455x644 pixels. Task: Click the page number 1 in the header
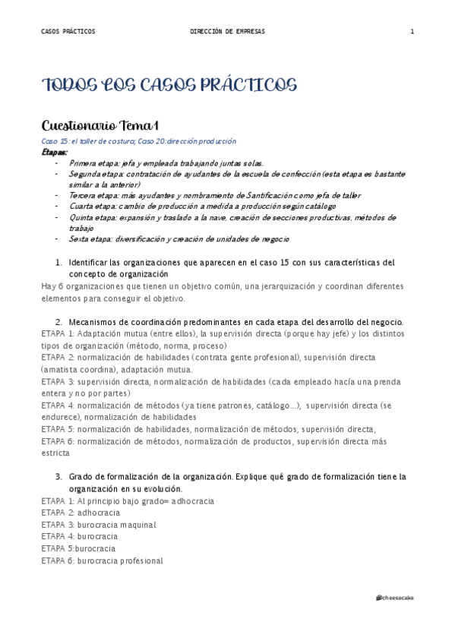[412, 31]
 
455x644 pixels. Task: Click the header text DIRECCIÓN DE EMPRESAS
[228, 31]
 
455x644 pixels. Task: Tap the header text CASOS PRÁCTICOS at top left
[68, 31]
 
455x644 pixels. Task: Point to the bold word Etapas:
[55, 152]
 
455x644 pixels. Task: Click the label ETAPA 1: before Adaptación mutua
[58, 333]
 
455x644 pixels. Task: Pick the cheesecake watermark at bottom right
[395, 598]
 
